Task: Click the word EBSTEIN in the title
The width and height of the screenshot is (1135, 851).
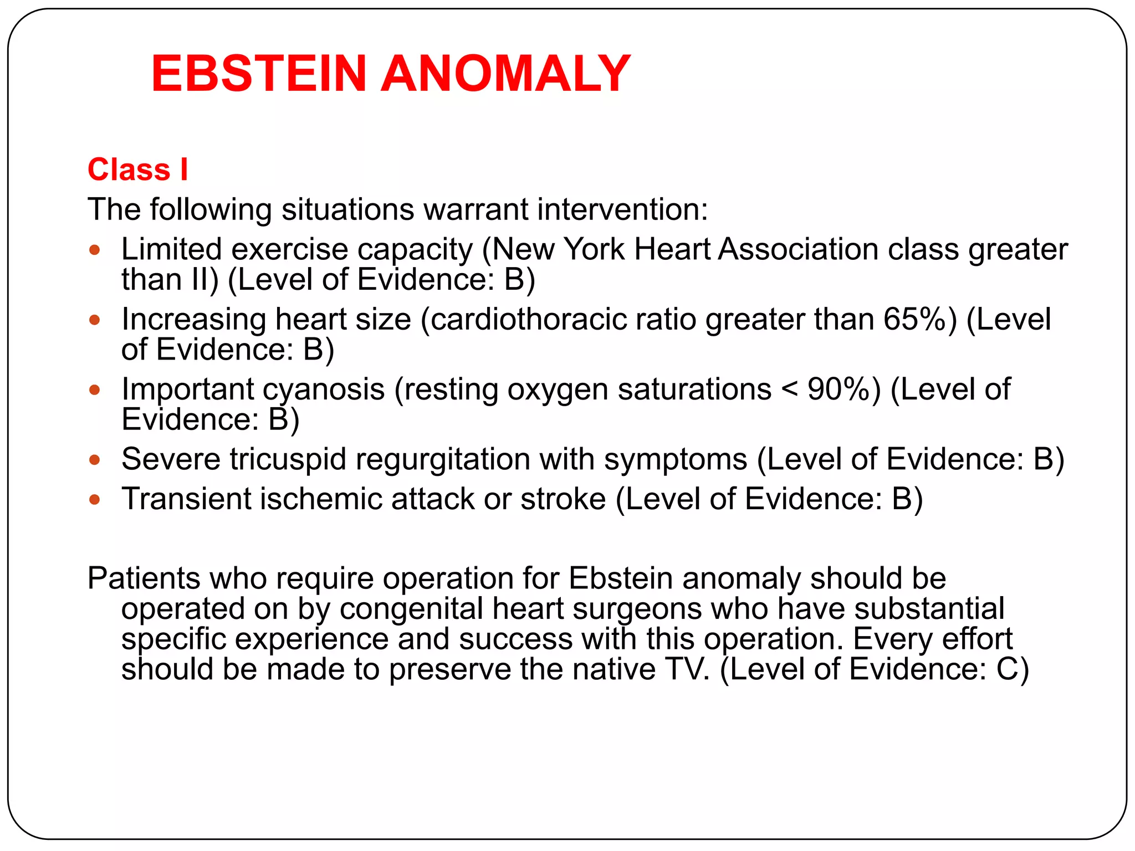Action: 259,73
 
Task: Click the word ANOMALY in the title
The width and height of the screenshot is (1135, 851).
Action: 505,73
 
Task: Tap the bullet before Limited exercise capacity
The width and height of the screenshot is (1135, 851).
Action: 95,250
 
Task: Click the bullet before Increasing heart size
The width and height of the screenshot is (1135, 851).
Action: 95,320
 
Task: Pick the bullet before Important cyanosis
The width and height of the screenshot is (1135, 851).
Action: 95,389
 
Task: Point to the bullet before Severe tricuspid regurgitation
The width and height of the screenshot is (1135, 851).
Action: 95,459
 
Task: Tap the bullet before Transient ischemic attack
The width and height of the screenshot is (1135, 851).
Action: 95,499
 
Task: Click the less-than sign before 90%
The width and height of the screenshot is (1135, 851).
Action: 789,390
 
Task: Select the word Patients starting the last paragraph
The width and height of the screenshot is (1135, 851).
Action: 144,578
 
